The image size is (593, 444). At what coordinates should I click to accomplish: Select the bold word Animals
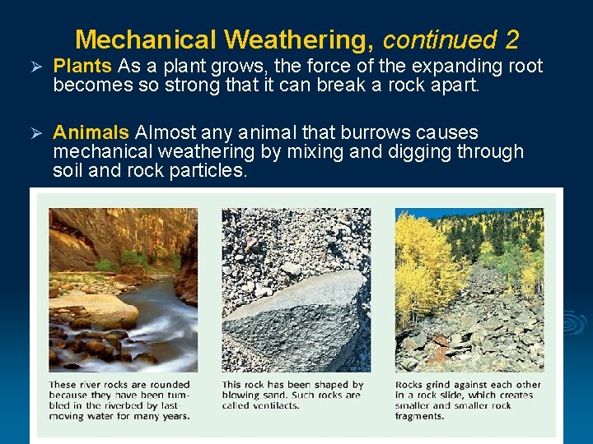(91, 133)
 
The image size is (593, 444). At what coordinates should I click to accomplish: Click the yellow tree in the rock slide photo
(420, 263)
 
